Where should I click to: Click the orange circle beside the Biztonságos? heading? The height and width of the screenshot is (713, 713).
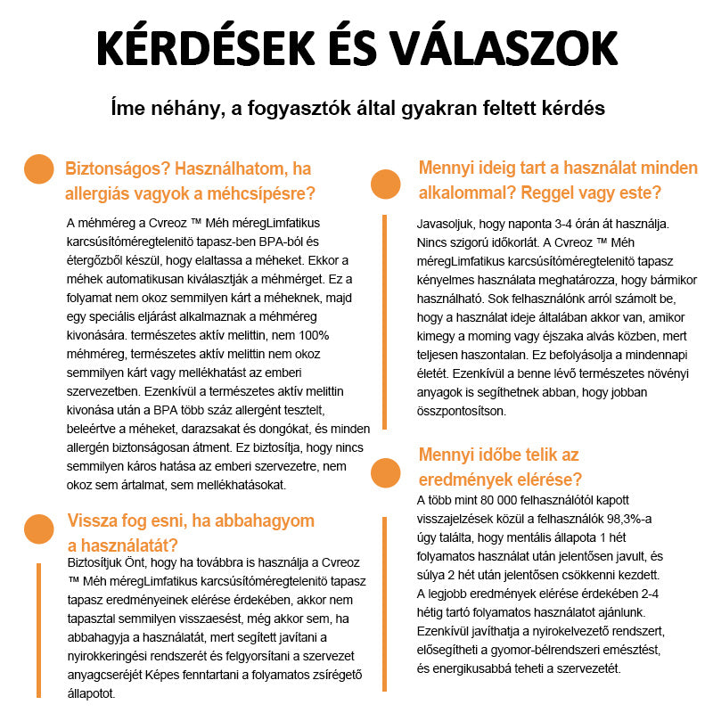[x=39, y=169]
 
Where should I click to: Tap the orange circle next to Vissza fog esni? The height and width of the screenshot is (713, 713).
[x=39, y=528]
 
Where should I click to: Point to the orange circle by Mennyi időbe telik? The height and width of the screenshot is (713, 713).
[x=385, y=472]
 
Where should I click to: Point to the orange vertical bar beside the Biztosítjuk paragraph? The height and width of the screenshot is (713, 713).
[x=39, y=627]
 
